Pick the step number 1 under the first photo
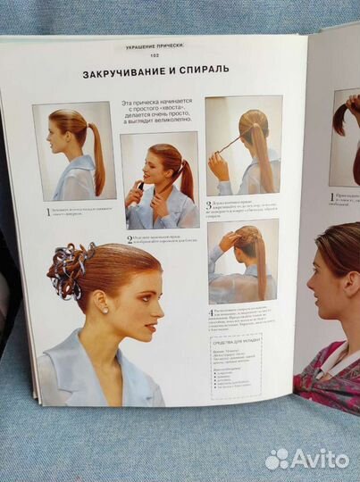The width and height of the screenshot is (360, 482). (48, 212)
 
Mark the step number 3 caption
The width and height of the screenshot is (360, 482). (209, 204)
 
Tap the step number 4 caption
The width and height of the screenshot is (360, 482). (211, 312)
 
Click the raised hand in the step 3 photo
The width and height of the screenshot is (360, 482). (217, 165)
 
